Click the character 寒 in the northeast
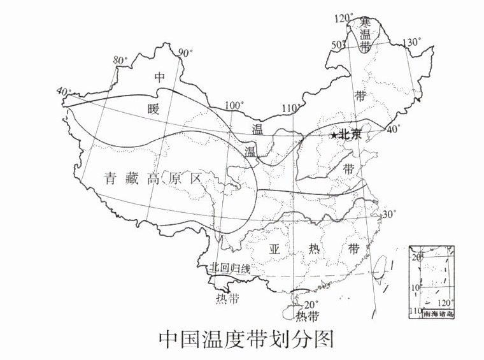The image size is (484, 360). (x=366, y=22)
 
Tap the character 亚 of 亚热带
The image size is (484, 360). (x=275, y=248)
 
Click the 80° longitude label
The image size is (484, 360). (x=119, y=60)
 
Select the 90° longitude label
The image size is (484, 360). (x=185, y=53)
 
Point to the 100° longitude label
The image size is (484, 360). (x=234, y=105)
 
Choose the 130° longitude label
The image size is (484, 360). (x=412, y=42)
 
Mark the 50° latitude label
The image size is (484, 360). (x=339, y=44)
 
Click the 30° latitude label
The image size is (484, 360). (x=388, y=214)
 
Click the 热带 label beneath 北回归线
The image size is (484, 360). (x=227, y=297)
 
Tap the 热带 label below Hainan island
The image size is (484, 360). (x=308, y=315)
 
